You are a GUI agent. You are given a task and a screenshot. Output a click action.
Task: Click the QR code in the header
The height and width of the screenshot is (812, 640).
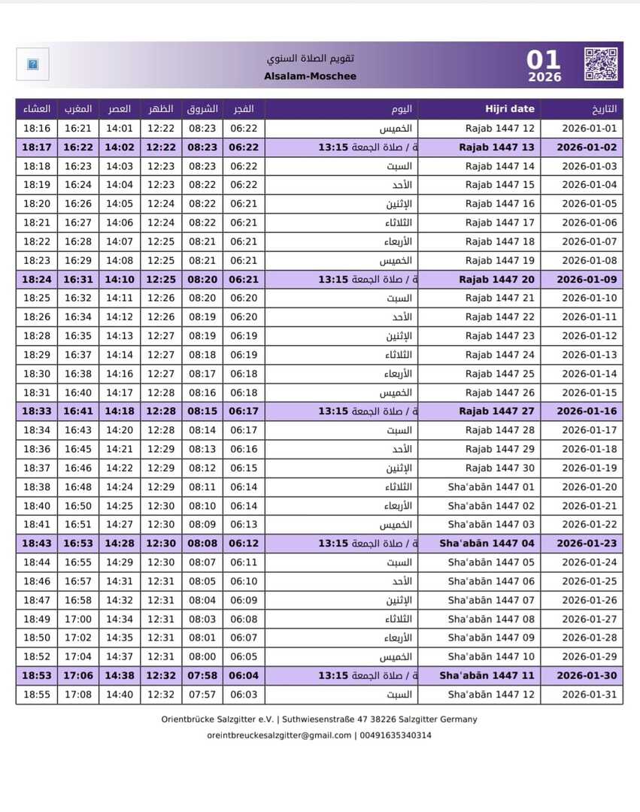click(x=600, y=65)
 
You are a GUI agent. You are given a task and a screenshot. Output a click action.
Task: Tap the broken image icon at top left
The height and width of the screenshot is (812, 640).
click(x=32, y=65)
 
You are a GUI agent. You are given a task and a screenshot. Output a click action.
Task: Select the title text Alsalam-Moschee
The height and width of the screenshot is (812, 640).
click(x=311, y=76)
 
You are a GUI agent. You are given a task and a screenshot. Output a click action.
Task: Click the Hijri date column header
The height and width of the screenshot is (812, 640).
click(x=510, y=109)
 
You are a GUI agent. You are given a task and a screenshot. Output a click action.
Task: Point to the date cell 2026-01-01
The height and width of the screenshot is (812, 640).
click(x=589, y=129)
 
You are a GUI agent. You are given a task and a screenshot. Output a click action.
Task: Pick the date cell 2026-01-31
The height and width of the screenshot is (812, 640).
click(x=589, y=694)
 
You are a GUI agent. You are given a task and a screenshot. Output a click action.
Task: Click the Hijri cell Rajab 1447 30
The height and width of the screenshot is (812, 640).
click(x=499, y=468)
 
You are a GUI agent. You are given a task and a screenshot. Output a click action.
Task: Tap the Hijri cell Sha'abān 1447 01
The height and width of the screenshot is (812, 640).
click(x=491, y=486)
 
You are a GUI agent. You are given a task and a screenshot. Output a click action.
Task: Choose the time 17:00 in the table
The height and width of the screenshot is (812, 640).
click(x=78, y=619)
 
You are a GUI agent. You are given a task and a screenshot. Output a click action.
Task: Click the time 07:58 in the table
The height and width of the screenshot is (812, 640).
click(x=202, y=675)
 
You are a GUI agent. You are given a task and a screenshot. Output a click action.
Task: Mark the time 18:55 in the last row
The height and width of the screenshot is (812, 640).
click(x=37, y=694)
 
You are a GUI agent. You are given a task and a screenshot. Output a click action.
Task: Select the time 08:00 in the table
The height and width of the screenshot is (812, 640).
click(x=202, y=656)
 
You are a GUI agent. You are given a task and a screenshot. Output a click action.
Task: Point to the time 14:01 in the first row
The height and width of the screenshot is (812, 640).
click(x=119, y=129)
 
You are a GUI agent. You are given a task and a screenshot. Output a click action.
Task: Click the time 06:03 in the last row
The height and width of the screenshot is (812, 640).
click(x=244, y=694)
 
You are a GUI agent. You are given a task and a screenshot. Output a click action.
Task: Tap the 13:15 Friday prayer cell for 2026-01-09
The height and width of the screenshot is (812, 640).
click(x=332, y=279)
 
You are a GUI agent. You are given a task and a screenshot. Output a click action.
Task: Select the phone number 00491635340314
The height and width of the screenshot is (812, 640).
click(x=396, y=735)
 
